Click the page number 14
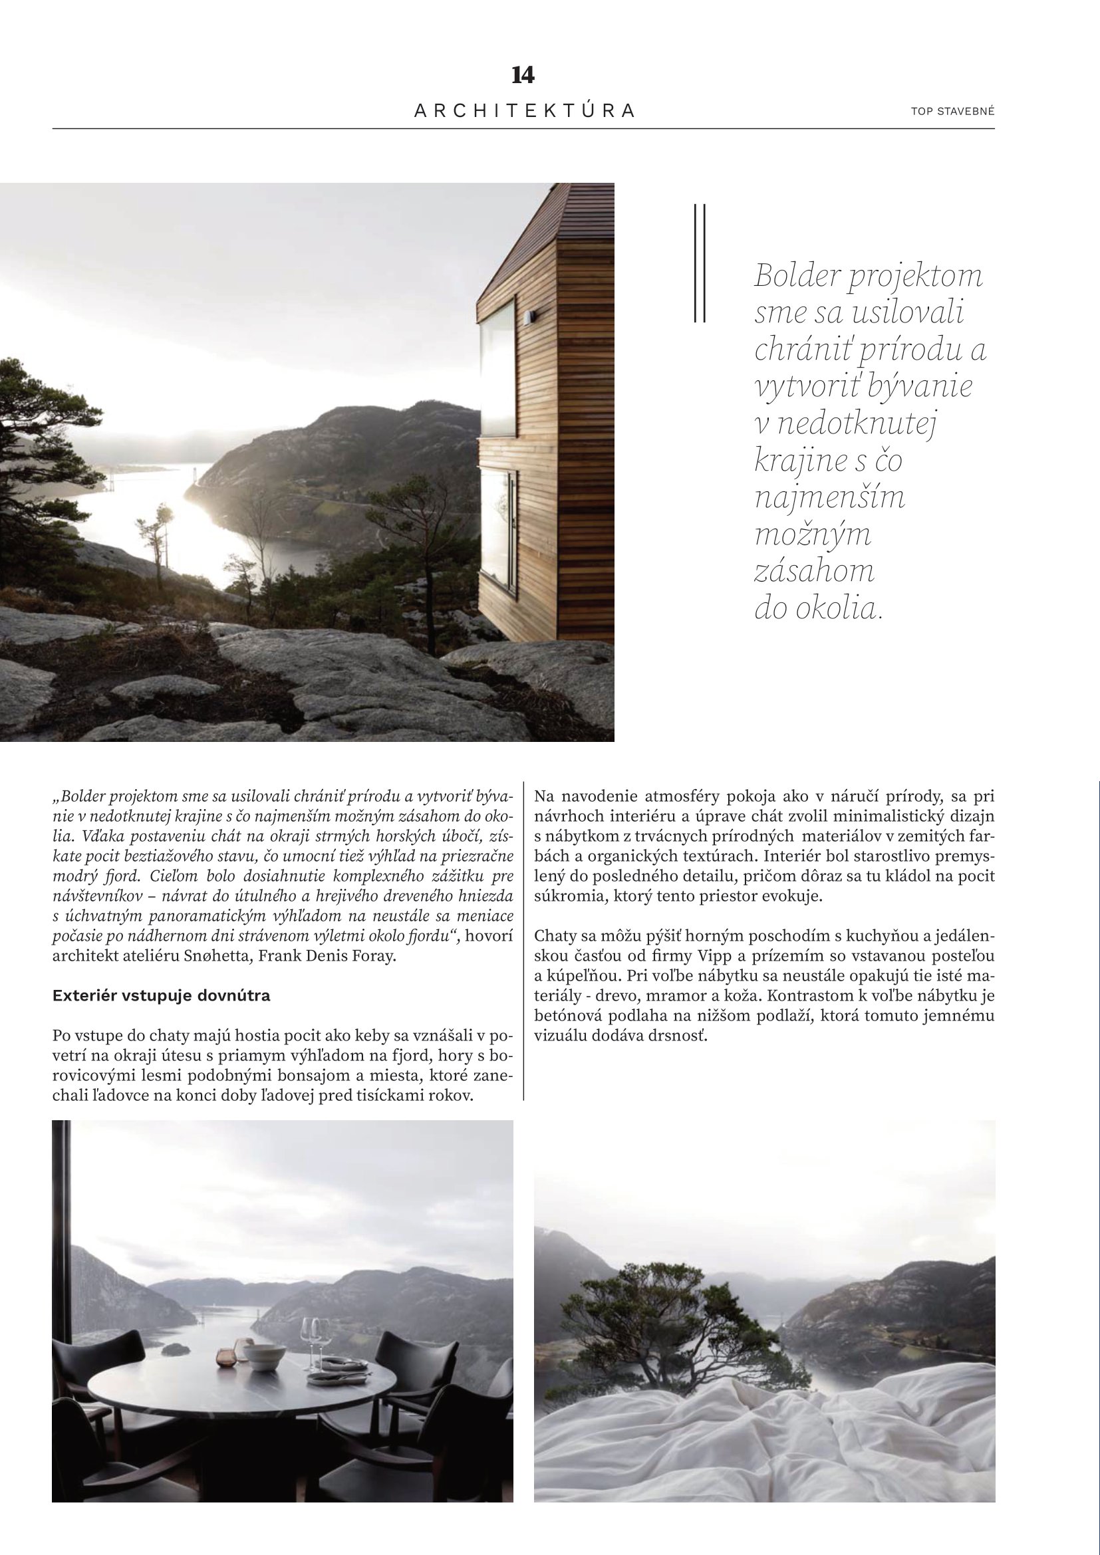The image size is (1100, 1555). [x=523, y=75]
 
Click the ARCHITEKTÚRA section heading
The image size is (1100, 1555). [x=524, y=111]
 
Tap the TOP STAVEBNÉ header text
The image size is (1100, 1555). [x=952, y=111]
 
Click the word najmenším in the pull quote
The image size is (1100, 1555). [x=829, y=498]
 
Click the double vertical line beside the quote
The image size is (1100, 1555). [x=700, y=262]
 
